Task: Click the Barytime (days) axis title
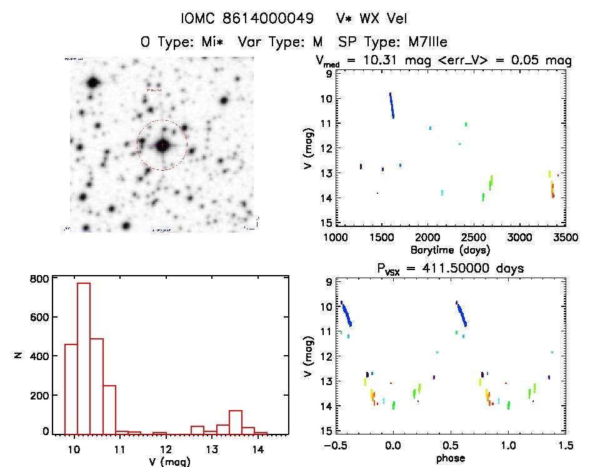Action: pos(450,250)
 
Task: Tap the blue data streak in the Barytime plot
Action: pos(392,105)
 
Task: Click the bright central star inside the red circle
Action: pos(162,145)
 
